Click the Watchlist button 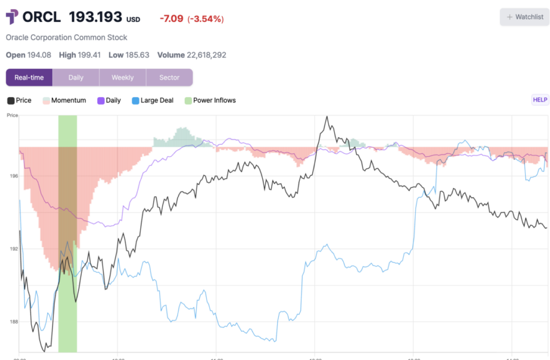(x=525, y=17)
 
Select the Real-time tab (x=29, y=77)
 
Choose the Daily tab (x=76, y=77)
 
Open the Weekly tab (x=122, y=77)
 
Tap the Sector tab (x=169, y=77)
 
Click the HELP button (x=540, y=99)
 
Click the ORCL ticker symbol (x=43, y=17)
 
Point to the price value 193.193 (x=96, y=17)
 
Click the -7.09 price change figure (x=171, y=19)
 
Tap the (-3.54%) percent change (x=206, y=19)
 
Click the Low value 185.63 (x=136, y=55)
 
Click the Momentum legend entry (x=69, y=100)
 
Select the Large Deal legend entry (x=157, y=100)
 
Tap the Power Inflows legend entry (x=214, y=100)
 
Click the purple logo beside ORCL (x=12, y=17)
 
